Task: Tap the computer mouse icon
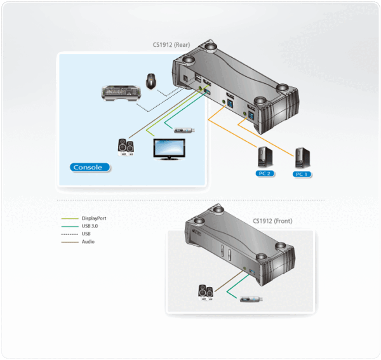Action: click(x=151, y=80)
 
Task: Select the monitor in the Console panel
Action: click(x=168, y=149)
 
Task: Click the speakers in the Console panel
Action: click(x=127, y=147)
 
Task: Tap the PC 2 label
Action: click(x=264, y=173)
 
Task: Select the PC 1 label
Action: click(x=300, y=173)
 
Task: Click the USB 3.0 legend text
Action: click(x=90, y=226)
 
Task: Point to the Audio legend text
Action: click(x=88, y=242)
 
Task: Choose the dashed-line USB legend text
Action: click(x=86, y=234)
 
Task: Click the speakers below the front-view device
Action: click(x=207, y=293)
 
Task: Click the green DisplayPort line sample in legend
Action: click(x=69, y=218)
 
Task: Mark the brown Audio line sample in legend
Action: click(x=69, y=242)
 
